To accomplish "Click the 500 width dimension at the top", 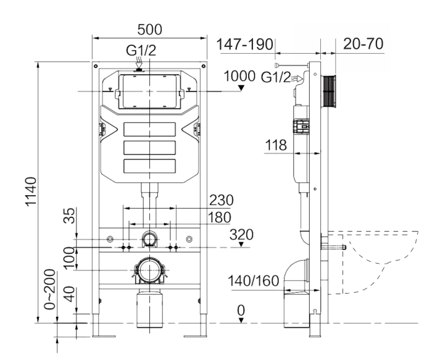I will point(149,30).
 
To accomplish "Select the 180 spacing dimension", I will point(220,217).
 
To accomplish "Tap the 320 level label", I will point(241,235).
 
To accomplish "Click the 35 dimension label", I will point(70,216).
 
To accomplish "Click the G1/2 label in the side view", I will point(275,77).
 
